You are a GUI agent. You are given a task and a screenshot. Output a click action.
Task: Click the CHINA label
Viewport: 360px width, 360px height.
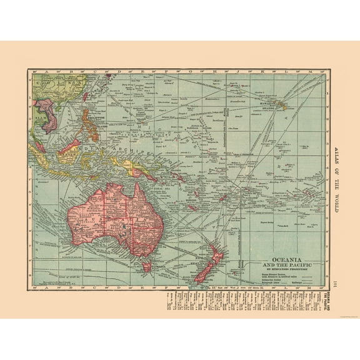[x=48, y=82]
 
